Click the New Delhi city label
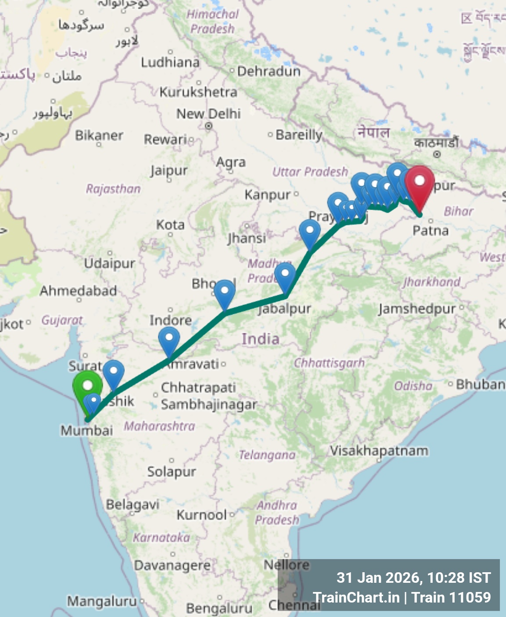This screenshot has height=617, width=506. coord(208,114)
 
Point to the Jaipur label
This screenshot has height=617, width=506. coord(169,170)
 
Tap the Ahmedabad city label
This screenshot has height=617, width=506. coord(78,291)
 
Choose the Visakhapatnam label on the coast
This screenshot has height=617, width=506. coord(379,451)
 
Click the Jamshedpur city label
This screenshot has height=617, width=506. coord(417,309)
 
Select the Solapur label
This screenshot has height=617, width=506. coord(172,472)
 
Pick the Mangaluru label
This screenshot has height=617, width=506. coord(102,601)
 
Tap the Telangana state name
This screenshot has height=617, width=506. coord(267,455)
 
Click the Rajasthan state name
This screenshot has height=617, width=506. coord(113,189)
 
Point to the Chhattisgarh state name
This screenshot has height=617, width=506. coord(329,363)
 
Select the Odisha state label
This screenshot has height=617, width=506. coord(413,386)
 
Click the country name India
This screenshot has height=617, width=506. coord(260,339)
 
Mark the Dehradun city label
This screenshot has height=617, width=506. coord(269,71)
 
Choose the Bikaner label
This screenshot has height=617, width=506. coord(99,135)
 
